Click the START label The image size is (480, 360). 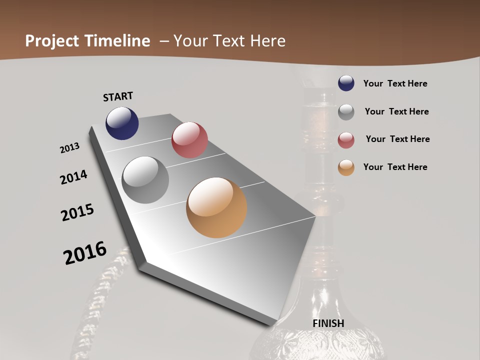(x=118, y=96)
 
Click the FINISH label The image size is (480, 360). (x=328, y=323)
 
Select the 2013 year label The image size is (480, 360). (x=70, y=148)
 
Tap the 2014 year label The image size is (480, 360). (x=73, y=177)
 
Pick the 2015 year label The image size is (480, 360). (x=77, y=212)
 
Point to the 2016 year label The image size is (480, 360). (x=85, y=252)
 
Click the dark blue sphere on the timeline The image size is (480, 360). (x=122, y=123)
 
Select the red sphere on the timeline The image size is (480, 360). (x=189, y=140)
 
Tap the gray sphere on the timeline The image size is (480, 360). (x=145, y=180)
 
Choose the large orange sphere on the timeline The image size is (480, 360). (x=216, y=207)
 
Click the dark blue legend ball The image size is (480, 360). (x=346, y=83)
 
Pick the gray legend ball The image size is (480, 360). (x=346, y=112)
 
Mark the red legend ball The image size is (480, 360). (x=346, y=140)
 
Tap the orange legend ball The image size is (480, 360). (x=346, y=167)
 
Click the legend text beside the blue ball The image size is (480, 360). (x=395, y=83)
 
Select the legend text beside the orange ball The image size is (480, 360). (x=395, y=167)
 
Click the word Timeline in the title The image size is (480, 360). (x=117, y=40)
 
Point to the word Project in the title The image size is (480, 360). (x=52, y=40)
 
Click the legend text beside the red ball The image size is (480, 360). (x=397, y=139)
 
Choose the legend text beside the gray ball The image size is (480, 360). (x=396, y=111)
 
